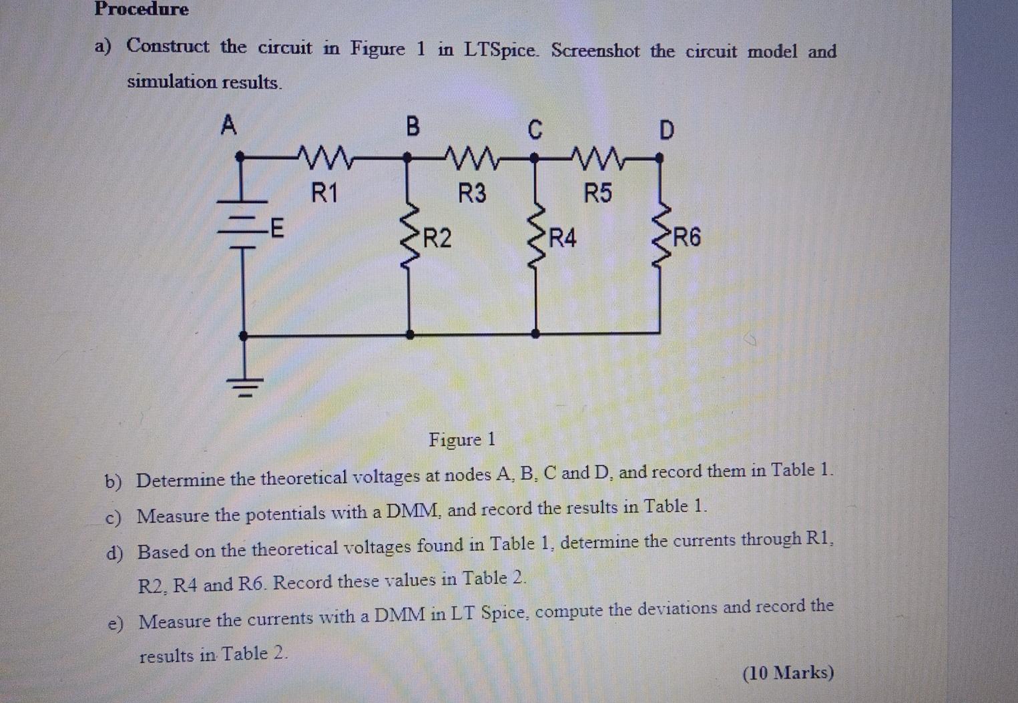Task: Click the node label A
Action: click(229, 124)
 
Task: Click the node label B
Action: click(413, 126)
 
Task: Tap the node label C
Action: click(534, 130)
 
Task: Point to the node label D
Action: click(666, 130)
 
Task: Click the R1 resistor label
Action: click(325, 194)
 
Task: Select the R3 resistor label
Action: click(472, 194)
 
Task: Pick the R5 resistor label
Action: click(597, 194)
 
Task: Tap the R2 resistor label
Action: click(437, 237)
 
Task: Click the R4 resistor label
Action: click(562, 237)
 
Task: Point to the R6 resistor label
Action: click(687, 237)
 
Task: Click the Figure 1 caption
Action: click(462, 439)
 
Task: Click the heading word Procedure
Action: click(142, 9)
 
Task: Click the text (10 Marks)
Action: click(788, 672)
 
